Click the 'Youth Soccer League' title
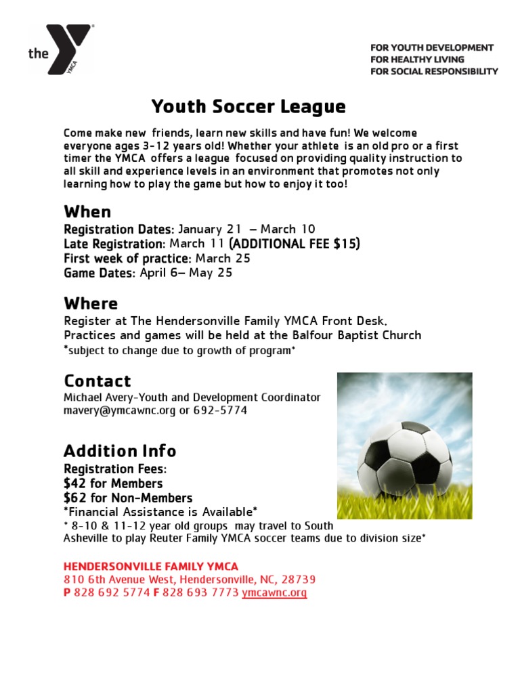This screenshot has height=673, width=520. (x=248, y=107)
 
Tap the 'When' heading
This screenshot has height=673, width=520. (x=87, y=212)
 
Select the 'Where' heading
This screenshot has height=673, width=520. (x=91, y=303)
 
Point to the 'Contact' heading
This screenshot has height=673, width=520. (x=97, y=381)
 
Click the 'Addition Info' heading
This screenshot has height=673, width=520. (x=120, y=451)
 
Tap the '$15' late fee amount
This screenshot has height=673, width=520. (x=347, y=244)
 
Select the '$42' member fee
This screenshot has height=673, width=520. (x=74, y=483)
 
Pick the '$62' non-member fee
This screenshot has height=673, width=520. (x=74, y=498)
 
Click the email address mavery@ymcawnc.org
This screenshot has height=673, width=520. (x=120, y=410)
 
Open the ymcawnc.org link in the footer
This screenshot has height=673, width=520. (x=274, y=593)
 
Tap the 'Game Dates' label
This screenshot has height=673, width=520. (x=100, y=273)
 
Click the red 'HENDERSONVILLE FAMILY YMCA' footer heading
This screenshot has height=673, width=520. (x=151, y=566)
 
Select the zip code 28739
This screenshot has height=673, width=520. (x=298, y=580)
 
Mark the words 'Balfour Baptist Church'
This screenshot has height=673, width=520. (x=363, y=335)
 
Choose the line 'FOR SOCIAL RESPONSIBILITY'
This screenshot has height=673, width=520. (x=434, y=71)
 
